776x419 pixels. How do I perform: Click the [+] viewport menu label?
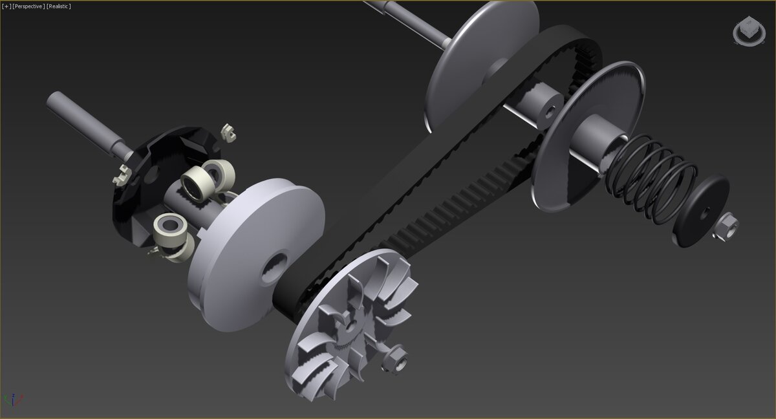point(6,6)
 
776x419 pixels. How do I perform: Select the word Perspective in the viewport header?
point(28,6)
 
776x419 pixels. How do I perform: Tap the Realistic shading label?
point(59,6)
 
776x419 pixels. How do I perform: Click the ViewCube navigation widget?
point(749,31)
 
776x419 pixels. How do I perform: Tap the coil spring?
point(651,180)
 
